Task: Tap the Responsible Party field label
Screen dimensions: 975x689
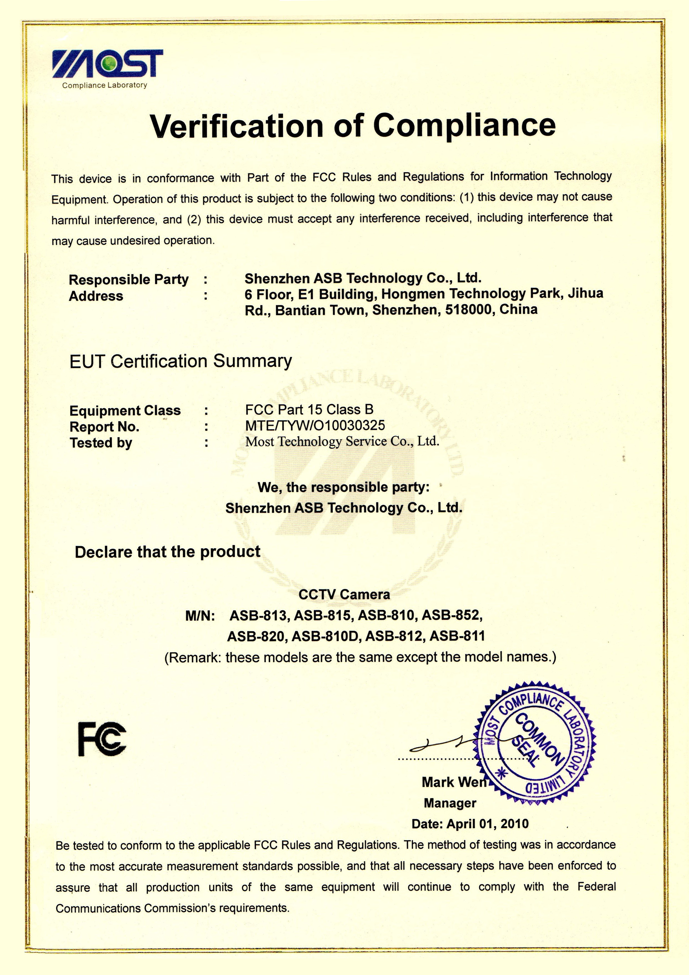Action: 129,280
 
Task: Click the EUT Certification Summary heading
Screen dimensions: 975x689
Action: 181,361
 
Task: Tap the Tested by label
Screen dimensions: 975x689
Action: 101,443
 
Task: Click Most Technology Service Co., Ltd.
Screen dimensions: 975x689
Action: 342,442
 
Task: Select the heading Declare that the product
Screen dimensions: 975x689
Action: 168,552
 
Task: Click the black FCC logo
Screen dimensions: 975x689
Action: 102,739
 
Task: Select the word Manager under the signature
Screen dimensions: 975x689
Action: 450,803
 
